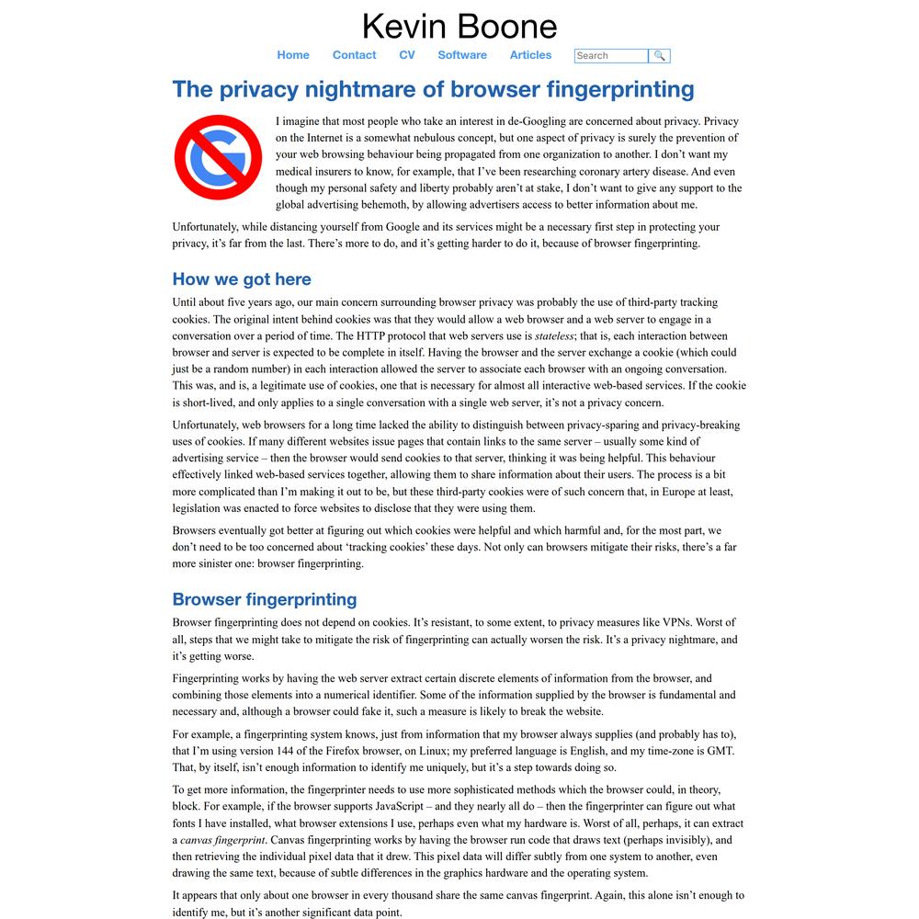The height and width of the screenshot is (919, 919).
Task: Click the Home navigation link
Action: click(x=293, y=55)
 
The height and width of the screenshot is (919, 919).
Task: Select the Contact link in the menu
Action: click(x=354, y=55)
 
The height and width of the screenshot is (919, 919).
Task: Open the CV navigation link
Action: click(x=407, y=55)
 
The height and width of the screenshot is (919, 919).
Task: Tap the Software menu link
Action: click(x=462, y=55)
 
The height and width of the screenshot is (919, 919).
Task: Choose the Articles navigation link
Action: click(x=530, y=55)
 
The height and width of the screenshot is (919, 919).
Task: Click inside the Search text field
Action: click(x=610, y=56)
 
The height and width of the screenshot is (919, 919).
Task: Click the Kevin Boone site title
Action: click(x=459, y=26)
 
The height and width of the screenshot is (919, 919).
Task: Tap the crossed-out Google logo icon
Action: click(x=218, y=157)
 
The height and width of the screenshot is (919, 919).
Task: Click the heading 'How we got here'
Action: click(x=242, y=279)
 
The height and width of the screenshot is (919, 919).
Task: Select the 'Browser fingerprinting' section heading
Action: click(x=265, y=599)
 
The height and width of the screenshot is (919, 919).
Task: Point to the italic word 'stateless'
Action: click(x=554, y=336)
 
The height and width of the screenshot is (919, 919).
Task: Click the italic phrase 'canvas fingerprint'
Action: click(x=222, y=840)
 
